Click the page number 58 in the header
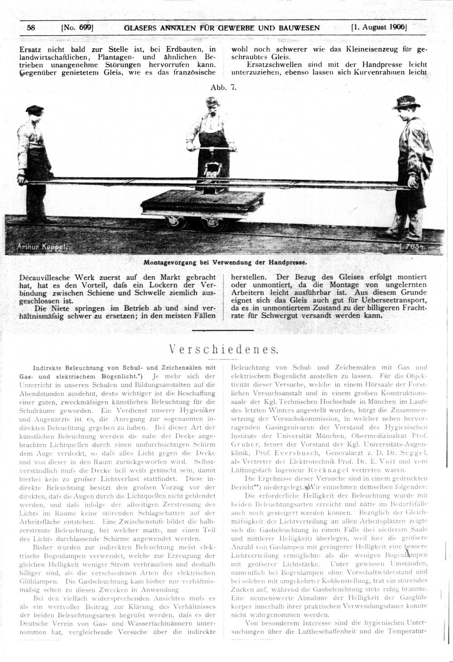click(31, 28)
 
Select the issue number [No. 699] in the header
click(77, 28)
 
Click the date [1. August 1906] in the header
click(379, 27)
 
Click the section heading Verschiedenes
click(223, 350)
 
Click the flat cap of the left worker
click(34, 109)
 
